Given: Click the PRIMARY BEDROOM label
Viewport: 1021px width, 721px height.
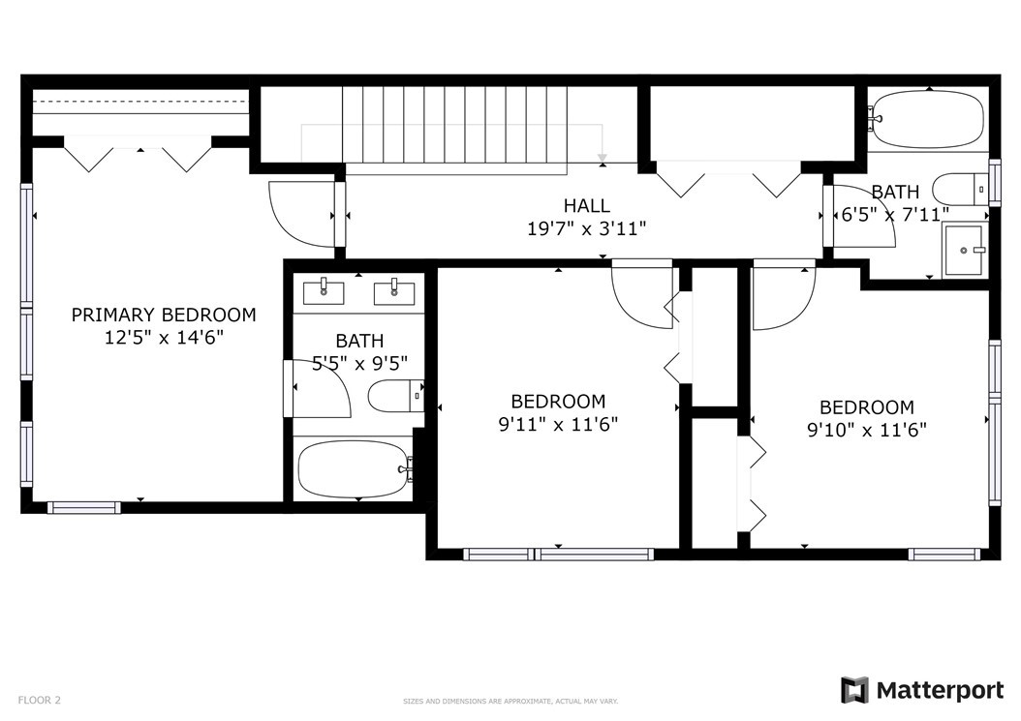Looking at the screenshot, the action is (164, 315).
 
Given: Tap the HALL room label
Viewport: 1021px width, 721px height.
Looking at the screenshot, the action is (587, 205).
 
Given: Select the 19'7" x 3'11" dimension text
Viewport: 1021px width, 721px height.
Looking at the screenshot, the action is (587, 229).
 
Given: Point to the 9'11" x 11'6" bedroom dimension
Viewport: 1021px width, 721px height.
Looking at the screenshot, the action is (558, 424).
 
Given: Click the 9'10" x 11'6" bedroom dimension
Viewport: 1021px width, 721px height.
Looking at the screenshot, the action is (867, 430).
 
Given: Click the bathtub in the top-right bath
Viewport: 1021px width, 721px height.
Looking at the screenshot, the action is (928, 118).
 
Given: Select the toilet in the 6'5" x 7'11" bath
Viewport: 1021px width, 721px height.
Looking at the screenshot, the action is (960, 189).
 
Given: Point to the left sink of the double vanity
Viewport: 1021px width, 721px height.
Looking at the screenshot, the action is (324, 291).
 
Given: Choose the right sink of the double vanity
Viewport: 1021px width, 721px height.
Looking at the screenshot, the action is (394, 291).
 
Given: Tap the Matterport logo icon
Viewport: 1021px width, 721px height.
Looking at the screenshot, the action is (854, 690).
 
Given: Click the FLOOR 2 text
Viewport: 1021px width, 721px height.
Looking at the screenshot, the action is (39, 700).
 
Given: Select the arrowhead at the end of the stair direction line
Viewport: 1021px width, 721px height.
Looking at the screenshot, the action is (603, 158).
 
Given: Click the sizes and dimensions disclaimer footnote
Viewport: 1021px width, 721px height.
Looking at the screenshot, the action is (510, 702).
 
